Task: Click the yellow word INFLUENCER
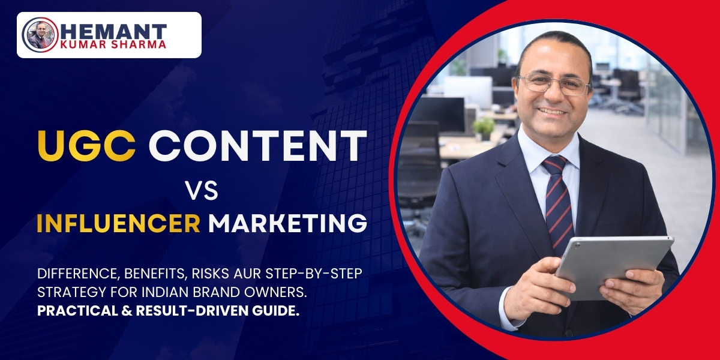coord(118,224)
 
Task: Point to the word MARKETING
coord(287,224)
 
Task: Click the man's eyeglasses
coord(554,85)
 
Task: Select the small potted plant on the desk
coord(484,128)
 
